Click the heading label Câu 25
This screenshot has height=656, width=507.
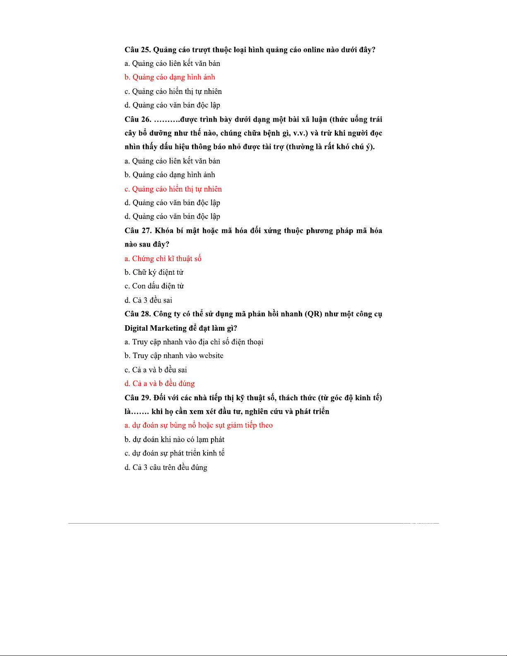tap(137, 50)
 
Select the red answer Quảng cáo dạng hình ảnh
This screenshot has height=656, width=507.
tap(170, 77)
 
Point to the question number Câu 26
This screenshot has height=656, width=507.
tap(137, 119)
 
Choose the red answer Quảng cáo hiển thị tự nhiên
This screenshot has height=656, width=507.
tap(173, 189)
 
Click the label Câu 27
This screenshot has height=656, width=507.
tap(138, 231)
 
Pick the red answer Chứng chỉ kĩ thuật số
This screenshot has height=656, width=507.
tap(163, 259)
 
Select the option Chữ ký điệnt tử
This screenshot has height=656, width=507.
tap(154, 272)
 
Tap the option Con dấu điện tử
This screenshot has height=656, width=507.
tap(154, 286)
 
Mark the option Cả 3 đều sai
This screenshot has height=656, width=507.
tap(148, 300)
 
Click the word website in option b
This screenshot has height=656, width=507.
tap(210, 356)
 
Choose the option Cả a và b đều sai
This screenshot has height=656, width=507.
tap(156, 370)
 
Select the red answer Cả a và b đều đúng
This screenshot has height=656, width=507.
tap(159, 384)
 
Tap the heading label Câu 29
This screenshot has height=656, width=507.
tap(137, 398)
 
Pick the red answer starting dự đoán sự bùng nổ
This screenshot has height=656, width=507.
tap(199, 425)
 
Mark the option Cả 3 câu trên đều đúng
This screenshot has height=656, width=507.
tap(166, 467)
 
